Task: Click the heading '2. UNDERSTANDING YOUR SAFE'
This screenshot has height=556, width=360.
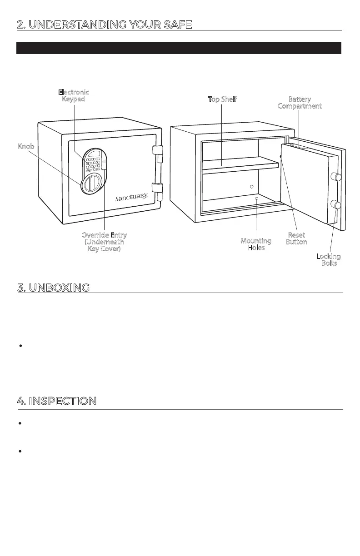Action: (104, 24)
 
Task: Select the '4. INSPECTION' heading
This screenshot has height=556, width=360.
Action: (56, 401)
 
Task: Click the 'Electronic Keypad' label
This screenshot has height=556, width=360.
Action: (74, 95)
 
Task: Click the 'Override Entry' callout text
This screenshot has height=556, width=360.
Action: (104, 242)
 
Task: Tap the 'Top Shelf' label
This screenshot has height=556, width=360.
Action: (223, 99)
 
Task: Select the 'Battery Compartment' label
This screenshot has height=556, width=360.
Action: (300, 102)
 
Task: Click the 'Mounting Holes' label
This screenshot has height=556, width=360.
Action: (256, 244)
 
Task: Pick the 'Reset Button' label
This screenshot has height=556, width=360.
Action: (296, 238)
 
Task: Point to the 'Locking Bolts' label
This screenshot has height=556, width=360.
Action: (329, 260)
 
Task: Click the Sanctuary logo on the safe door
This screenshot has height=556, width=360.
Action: (131, 197)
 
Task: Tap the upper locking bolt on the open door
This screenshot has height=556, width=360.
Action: (337, 177)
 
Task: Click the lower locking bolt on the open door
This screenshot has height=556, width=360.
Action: (337, 205)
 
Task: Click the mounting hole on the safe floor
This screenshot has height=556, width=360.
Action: (257, 198)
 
